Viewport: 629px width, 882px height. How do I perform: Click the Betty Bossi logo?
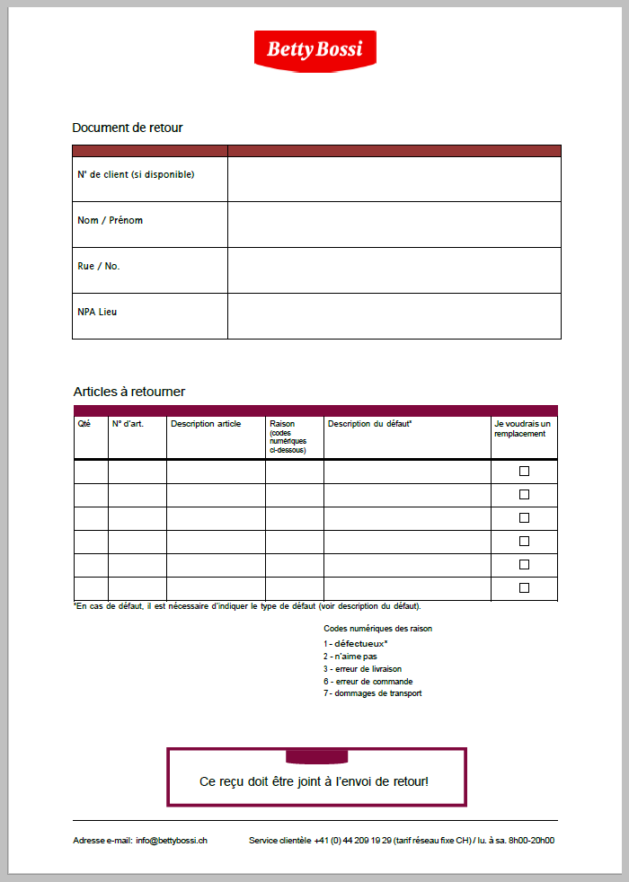314,49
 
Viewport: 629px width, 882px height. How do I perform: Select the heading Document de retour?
128,128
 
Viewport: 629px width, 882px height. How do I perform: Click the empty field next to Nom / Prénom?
394,225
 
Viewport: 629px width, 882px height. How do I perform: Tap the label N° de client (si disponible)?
136,174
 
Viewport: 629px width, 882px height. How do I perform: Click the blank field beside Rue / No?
394,270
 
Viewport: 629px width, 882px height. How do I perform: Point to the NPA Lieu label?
97,313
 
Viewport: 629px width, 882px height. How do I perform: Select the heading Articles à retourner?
129,392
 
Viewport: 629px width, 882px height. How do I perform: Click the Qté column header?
84,424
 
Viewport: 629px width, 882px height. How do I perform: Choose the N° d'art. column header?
128,424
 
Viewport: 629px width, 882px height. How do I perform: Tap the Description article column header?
206,424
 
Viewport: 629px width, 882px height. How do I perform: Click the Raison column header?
282,424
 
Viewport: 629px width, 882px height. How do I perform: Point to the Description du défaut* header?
369,424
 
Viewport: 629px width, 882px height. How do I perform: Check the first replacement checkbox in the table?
524,471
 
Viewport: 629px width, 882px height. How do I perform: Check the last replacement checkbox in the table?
524,587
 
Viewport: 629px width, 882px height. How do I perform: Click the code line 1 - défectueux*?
356,644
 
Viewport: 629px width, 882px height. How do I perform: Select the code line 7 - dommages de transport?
372,693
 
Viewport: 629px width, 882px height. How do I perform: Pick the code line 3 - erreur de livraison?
362,669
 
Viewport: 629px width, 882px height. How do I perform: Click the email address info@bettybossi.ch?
173,841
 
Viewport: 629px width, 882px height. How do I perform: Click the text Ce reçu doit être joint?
314,781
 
